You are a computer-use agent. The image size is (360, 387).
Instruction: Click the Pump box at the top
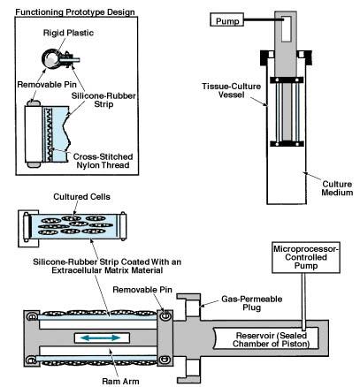(226, 20)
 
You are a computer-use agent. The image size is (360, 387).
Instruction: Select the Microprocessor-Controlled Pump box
(306, 258)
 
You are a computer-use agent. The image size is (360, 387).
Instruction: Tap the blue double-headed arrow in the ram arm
(101, 338)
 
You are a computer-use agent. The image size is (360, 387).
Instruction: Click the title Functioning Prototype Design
(75, 12)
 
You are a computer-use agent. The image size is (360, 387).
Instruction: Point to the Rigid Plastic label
(68, 33)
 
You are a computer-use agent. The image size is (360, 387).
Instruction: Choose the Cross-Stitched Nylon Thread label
(103, 161)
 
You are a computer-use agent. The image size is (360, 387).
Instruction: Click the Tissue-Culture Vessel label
(232, 90)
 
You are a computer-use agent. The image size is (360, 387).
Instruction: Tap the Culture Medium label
(337, 188)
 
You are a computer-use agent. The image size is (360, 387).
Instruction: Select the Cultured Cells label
(81, 197)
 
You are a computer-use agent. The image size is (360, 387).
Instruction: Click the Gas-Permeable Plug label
(252, 303)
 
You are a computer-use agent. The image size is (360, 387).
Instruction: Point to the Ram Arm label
(120, 381)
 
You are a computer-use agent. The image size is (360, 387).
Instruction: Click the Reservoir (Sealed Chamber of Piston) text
(271, 339)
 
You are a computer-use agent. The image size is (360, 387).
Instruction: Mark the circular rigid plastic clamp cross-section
(51, 58)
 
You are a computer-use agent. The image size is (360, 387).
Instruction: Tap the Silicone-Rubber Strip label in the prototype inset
(103, 100)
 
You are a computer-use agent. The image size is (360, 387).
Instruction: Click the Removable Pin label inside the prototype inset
(47, 85)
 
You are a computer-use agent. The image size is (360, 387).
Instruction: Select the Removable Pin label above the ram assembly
(142, 290)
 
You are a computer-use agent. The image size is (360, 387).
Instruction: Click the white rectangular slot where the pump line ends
(286, 28)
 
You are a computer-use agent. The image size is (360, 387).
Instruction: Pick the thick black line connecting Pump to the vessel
(264, 20)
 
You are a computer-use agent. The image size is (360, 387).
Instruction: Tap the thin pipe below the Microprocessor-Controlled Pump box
(303, 301)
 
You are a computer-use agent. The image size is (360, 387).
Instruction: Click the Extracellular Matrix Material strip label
(107, 266)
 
